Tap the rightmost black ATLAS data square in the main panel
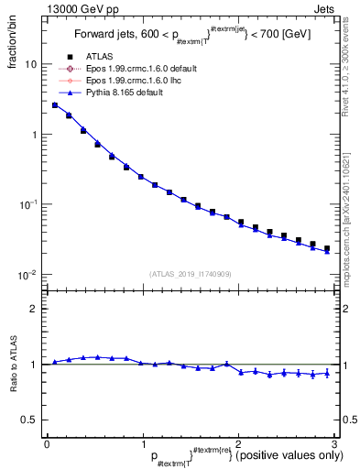(x=326, y=248)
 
